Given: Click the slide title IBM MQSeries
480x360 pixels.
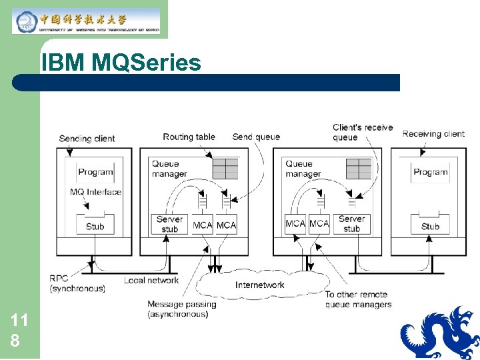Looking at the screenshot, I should point(121,63).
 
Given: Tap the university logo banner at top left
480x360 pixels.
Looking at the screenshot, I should point(86,21).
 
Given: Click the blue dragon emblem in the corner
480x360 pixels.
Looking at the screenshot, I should point(441,333).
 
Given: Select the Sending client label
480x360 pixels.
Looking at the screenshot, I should point(87,139).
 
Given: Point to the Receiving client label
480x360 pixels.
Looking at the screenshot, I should point(433,134).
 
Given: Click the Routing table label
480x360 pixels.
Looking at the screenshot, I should point(189,137).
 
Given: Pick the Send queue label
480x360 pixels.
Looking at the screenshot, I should point(256,137).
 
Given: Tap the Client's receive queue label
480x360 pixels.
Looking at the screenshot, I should point(363,132).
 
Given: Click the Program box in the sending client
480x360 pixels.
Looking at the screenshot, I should point(95,172).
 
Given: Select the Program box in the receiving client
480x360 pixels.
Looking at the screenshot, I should point(430,172).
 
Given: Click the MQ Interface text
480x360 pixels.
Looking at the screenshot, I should point(95,192).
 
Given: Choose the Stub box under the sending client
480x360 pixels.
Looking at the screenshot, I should point(95,225).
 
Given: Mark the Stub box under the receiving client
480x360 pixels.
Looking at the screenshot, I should point(430,225).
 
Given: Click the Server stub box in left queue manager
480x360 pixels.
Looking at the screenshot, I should point(170,224).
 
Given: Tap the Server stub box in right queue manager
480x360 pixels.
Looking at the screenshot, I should point(351,224).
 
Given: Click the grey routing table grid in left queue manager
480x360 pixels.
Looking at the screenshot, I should point(225,168).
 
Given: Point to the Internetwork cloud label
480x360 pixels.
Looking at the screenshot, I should point(259,285).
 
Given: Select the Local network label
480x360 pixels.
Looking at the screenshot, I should point(151,280).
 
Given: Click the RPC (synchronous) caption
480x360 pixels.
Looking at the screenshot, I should point(77,283).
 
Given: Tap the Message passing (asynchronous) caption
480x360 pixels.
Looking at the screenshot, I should point(181,309).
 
